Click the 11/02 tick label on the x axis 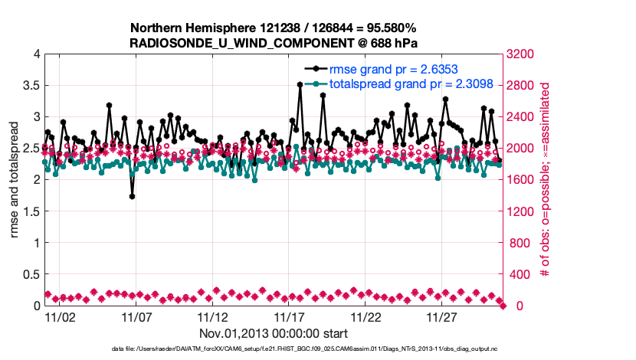[x=60, y=316]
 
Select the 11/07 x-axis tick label [x=136, y=316]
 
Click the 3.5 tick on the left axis [x=30, y=85]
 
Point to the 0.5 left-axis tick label [x=30, y=274]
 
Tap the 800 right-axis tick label [x=520, y=243]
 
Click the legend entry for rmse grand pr [x=385, y=69]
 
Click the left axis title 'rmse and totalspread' [x=15, y=179]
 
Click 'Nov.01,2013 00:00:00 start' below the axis [x=274, y=333]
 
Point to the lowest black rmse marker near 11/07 [x=133, y=196]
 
